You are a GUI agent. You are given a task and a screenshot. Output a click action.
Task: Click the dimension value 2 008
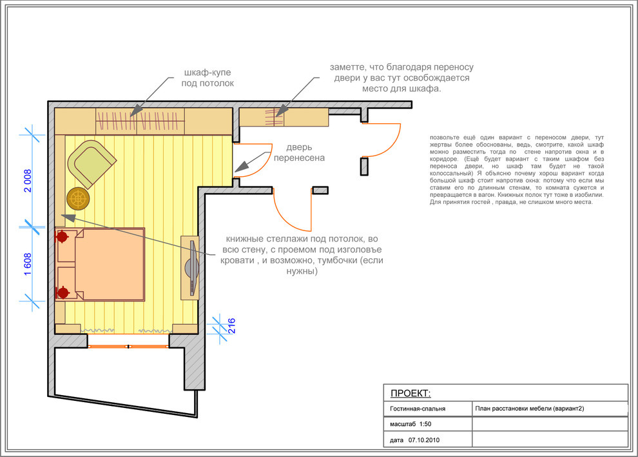[x=28, y=181]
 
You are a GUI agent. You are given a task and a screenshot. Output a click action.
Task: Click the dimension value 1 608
[x=28, y=264]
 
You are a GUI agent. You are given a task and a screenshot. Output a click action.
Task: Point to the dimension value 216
[x=231, y=326]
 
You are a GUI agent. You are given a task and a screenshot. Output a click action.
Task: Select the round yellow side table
[x=78, y=199]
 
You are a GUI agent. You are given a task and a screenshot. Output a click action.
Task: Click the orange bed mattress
[x=110, y=264]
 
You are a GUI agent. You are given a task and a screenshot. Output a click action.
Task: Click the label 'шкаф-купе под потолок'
[x=208, y=78]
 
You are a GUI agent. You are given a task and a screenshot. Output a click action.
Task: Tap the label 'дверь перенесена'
[x=299, y=152]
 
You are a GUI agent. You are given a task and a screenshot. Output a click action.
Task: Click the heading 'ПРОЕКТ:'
[x=411, y=393]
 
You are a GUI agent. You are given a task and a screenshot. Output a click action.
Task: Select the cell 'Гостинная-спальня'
[x=418, y=409]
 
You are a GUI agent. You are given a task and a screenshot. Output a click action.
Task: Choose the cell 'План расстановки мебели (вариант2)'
[x=529, y=409]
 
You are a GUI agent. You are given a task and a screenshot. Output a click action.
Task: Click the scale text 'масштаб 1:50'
[x=411, y=424]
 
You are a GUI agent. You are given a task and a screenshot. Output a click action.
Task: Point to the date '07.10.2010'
[x=424, y=440]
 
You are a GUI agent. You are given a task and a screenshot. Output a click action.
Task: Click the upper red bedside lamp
[x=62, y=236]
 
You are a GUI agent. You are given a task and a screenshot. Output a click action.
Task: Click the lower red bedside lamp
[x=63, y=292]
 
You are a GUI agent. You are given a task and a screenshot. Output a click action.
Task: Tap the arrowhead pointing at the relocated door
[x=242, y=167]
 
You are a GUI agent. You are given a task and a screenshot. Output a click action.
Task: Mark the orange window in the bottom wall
[x=128, y=347]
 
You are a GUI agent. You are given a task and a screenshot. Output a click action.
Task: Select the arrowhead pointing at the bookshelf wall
[x=69, y=218]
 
